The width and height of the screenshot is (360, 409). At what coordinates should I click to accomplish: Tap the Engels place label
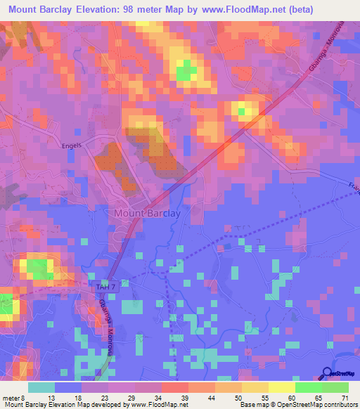click(x=72, y=145)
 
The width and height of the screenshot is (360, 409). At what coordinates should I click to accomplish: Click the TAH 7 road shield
click(x=103, y=287)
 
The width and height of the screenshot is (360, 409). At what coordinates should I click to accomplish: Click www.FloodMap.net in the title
click(x=247, y=11)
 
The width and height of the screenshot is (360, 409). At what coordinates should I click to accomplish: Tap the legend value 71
click(x=343, y=397)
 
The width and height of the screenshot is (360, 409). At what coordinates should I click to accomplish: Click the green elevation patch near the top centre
click(x=186, y=70)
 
